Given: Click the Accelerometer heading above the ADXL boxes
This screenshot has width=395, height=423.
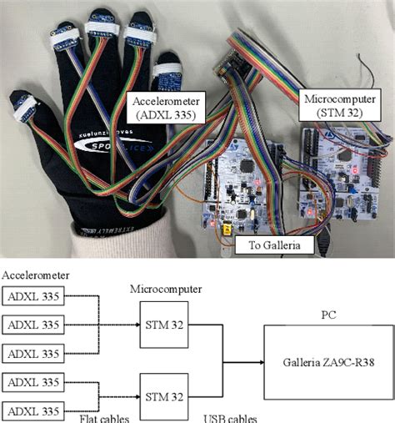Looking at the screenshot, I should [36, 274].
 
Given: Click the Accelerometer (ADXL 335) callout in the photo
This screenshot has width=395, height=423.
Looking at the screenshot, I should [163, 107].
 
